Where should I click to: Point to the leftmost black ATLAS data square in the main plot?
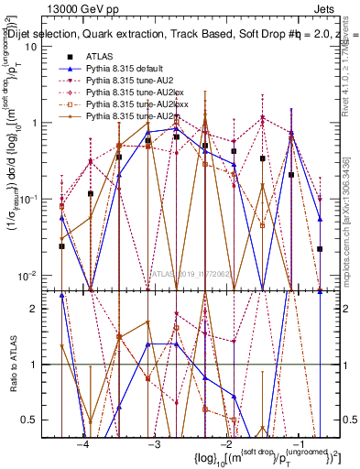(x=62, y=245)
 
